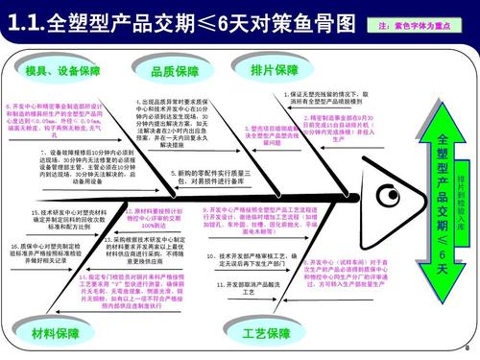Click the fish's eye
[389, 198]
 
